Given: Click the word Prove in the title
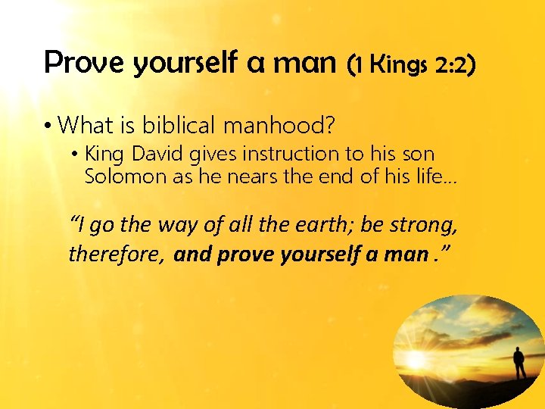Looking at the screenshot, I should pos(85,63).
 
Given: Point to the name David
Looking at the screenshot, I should pos(158,154).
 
